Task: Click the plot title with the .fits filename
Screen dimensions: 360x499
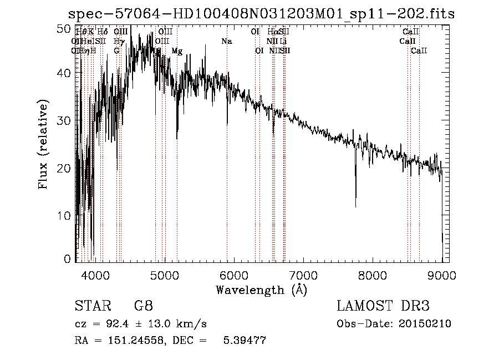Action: tap(261, 14)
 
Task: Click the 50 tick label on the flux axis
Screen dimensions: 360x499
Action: tap(64, 28)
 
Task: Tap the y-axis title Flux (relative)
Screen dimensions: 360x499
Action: tap(43, 144)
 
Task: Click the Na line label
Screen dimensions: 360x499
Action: tap(226, 42)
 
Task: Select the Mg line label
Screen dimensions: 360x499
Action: tap(177, 51)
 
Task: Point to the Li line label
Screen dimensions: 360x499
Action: tap(283, 42)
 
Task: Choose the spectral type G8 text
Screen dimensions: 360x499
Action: tap(143, 306)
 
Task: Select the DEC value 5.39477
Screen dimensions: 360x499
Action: tap(244, 341)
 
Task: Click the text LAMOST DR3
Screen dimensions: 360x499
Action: tap(383, 306)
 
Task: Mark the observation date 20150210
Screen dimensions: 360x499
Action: tap(424, 324)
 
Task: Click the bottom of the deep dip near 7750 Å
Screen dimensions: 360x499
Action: tap(355, 206)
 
